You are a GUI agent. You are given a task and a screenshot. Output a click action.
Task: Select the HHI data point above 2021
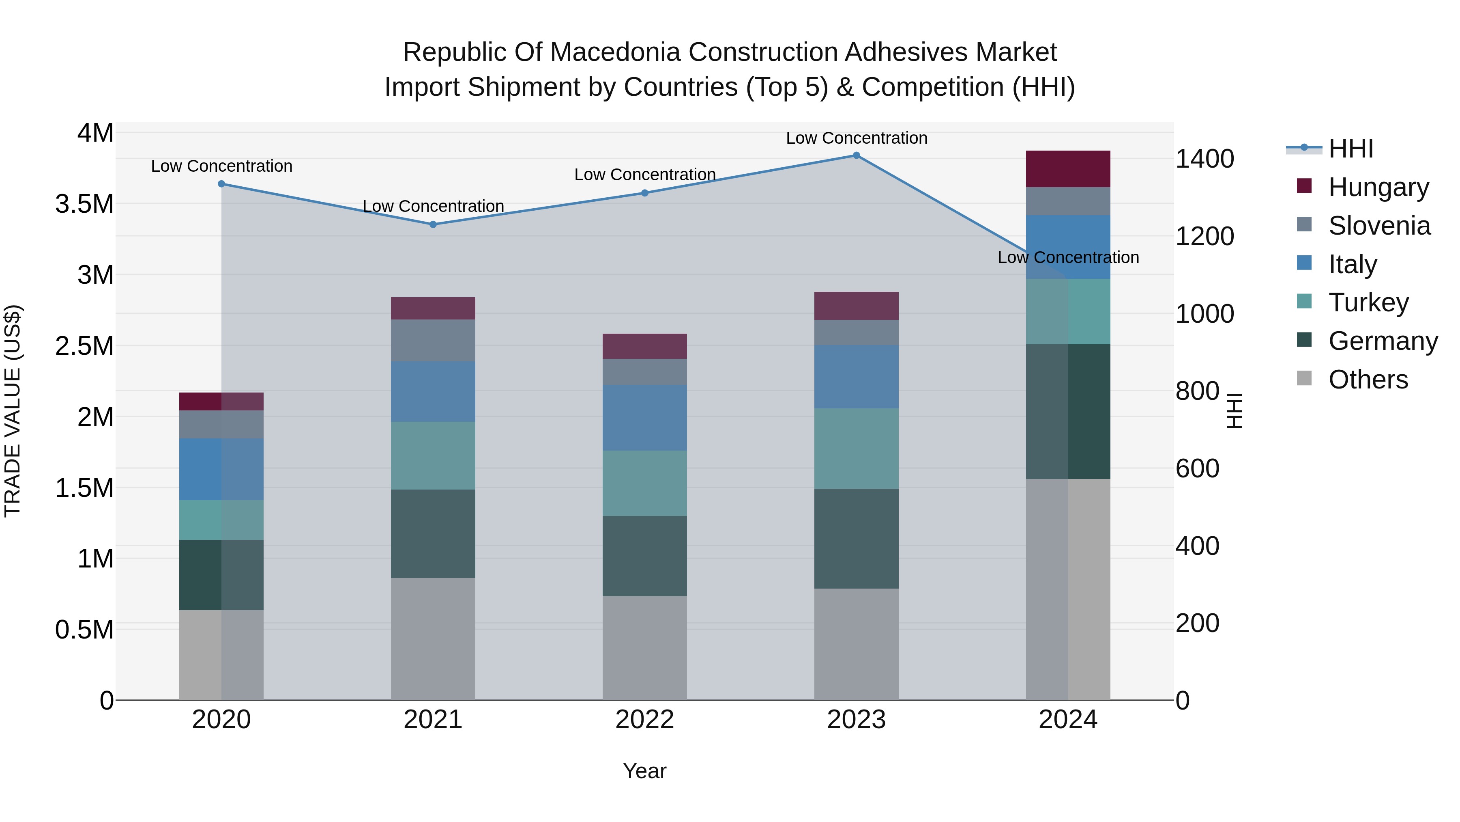pyautogui.click(x=433, y=224)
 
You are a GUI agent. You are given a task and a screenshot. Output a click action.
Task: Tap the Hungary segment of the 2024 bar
pyautogui.click(x=1068, y=169)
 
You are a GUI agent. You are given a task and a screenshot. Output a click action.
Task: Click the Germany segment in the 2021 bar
pyautogui.click(x=433, y=533)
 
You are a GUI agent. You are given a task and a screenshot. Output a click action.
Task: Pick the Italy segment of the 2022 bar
pyautogui.click(x=644, y=418)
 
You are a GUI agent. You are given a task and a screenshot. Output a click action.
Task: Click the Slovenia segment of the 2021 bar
pyautogui.click(x=433, y=341)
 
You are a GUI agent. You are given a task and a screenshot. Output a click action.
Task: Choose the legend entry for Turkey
pyautogui.click(x=1368, y=302)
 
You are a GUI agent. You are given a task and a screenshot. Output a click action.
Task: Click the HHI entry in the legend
pyautogui.click(x=1350, y=149)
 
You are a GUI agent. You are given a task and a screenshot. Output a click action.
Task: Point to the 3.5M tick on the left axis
pyautogui.click(x=84, y=204)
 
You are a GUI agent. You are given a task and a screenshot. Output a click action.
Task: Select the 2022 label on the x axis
pyautogui.click(x=644, y=720)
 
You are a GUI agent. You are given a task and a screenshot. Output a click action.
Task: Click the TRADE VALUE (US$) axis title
pyautogui.click(x=13, y=411)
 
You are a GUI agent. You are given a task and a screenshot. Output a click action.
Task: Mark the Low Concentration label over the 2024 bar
pyautogui.click(x=1068, y=257)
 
